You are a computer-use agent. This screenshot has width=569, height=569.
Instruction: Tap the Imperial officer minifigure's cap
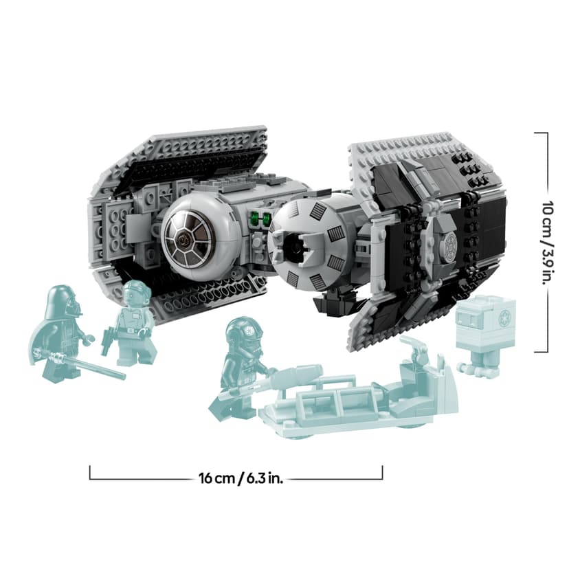[135, 287]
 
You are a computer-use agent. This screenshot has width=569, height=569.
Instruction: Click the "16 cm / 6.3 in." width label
[236, 477]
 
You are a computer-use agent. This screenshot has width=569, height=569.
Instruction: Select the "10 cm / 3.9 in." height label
[547, 242]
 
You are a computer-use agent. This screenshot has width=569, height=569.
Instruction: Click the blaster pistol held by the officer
[107, 339]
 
